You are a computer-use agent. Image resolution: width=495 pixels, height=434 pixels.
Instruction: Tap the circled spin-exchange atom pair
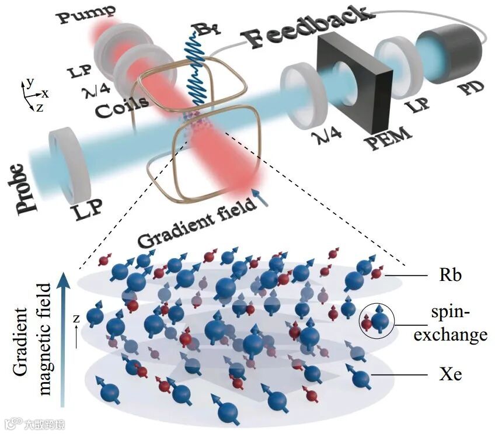pyautogui.click(x=376, y=320)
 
